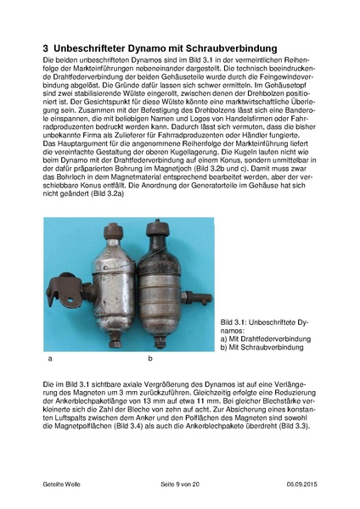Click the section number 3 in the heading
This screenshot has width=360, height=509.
[48, 50]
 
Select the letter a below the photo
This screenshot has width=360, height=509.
[52, 360]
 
